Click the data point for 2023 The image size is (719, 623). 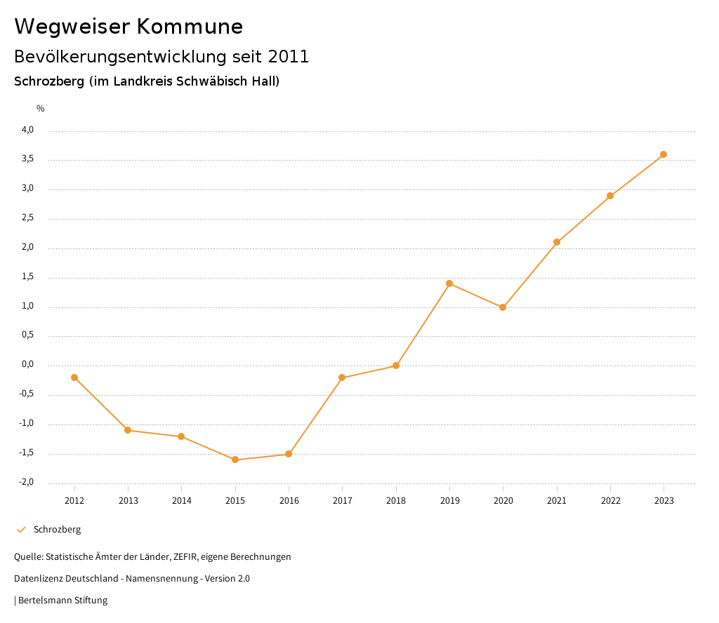coord(664,154)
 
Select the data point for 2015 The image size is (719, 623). coord(235,460)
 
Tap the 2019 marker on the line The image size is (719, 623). coord(449,283)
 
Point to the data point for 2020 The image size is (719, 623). coord(503,307)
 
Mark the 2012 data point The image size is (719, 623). coord(74,377)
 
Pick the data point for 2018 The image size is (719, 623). coord(396,366)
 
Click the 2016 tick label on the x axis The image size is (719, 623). coord(289,501)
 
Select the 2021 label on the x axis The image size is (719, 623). coord(557,501)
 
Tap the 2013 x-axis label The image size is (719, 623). coord(128,501)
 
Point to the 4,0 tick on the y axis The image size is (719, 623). coord(27,130)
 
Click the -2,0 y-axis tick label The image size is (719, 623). coord(27,483)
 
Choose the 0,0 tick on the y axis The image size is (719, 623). coord(27,365)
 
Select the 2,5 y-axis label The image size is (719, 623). coord(27,218)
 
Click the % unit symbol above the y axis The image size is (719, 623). coord(41,109)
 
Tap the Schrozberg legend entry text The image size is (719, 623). coord(57,530)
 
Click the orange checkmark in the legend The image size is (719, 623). coord(21,530)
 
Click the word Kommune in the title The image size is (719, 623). coord(190,27)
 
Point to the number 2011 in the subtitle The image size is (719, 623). coord(289,57)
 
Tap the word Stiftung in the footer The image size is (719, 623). coord(91,601)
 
